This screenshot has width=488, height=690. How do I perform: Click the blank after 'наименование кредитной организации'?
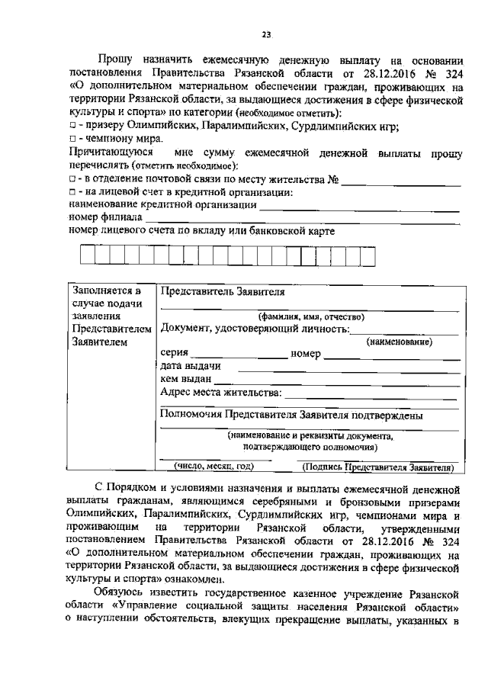[358, 207]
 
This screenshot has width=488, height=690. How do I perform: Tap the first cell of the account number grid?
[88, 255]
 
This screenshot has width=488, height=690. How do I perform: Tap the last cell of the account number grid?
[368, 255]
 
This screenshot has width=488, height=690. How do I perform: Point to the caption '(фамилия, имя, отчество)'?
[310, 316]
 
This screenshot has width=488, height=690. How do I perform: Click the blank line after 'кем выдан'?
[336, 380]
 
